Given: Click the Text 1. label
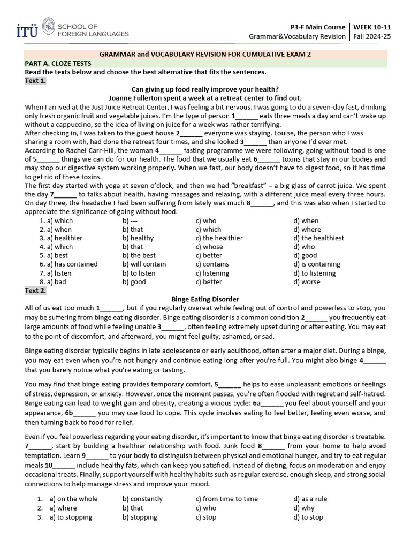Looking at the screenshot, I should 35,81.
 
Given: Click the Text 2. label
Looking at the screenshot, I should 35,291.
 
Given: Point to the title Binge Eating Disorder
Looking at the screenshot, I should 205,299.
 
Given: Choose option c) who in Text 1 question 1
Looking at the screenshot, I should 206,220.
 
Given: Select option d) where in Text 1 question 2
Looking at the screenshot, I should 308,229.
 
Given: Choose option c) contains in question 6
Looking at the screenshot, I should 212,264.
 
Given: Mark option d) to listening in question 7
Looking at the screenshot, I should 317,273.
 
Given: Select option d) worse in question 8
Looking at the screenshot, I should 307,281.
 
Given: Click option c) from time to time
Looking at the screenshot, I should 226,499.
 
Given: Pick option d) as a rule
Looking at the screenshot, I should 310,499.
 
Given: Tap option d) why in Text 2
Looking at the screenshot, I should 304,508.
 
